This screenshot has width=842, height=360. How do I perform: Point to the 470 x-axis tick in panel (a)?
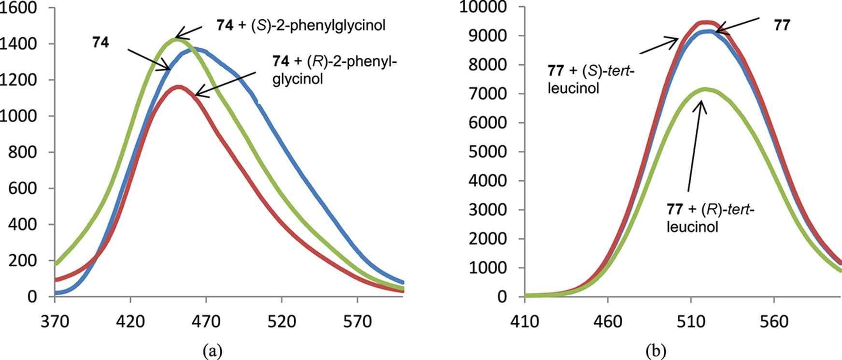click(206, 322)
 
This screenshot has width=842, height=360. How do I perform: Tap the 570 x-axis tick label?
click(357, 322)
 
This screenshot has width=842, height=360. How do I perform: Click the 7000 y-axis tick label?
click(491, 94)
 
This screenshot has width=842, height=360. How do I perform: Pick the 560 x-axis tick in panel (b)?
click(774, 322)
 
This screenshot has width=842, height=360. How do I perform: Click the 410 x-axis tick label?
click(525, 322)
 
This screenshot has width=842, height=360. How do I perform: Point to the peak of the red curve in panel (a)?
click(179, 87)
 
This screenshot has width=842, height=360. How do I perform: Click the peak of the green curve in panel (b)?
click(705, 89)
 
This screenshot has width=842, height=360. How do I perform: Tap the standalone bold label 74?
click(100, 43)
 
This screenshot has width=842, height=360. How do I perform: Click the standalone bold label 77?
click(781, 25)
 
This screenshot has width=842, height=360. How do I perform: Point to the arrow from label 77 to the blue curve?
click(739, 25)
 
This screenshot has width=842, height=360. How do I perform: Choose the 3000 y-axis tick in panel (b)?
click(491, 210)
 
